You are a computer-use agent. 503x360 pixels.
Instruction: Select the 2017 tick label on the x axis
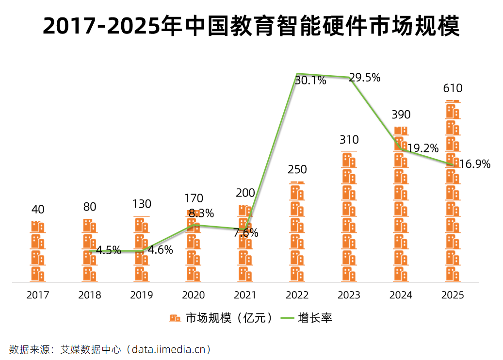[x=38, y=295]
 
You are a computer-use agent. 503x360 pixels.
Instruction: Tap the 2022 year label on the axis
[x=297, y=295]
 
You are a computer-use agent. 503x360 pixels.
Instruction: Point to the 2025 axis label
[x=453, y=295]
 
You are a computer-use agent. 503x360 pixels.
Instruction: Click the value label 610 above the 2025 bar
[x=453, y=88]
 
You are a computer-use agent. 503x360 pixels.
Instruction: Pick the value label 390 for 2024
[x=401, y=115]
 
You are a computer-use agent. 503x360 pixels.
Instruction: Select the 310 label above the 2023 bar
[x=349, y=140]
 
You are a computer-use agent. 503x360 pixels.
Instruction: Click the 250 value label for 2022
[x=297, y=170]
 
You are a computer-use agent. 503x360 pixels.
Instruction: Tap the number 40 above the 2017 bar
[x=38, y=210]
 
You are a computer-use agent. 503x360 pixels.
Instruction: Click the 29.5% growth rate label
[x=365, y=78]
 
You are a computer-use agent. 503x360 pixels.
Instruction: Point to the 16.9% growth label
[x=475, y=164]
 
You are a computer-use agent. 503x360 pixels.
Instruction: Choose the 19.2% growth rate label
[x=423, y=148]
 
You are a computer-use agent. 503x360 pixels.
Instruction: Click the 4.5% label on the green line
[x=109, y=251]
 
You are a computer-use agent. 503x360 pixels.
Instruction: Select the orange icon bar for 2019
[x=142, y=249]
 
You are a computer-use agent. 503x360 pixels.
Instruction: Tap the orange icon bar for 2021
[x=245, y=244]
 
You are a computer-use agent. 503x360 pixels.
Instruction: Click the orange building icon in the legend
[x=175, y=318]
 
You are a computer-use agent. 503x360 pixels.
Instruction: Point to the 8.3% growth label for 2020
[x=201, y=213]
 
